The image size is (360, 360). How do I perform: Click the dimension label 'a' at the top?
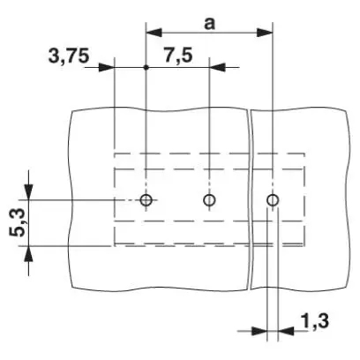209,24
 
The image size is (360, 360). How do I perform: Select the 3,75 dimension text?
69,56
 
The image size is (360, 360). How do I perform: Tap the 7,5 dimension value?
178,56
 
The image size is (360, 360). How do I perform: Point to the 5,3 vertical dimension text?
18,223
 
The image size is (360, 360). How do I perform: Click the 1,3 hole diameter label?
315,320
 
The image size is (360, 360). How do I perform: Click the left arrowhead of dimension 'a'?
154,33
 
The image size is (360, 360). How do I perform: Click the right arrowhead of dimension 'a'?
265,33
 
